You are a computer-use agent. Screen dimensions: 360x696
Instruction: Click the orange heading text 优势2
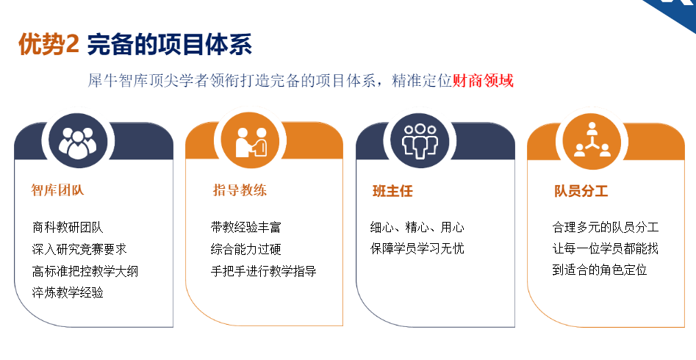pos(49,45)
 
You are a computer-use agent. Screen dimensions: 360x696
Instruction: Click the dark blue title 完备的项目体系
pos(170,45)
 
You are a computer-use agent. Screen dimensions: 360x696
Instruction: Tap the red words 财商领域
pos(483,81)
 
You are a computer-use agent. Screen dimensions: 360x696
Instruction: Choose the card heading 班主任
pos(392,191)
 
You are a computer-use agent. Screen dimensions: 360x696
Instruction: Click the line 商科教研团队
pos(68,228)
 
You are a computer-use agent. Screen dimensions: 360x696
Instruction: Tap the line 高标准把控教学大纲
pos(86,271)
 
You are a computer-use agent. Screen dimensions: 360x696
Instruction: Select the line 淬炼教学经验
pos(68,292)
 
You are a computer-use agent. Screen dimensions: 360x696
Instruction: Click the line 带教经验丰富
pos(245,228)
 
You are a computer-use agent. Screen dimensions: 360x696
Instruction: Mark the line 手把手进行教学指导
pos(263,271)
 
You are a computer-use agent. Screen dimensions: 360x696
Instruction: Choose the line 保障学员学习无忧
pos(417,248)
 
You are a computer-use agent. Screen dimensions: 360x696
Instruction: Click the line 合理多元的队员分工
pos(605,227)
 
